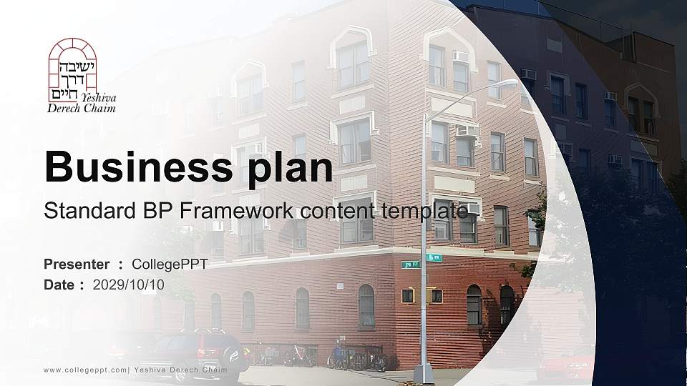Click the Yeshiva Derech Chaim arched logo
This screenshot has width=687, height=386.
click(72, 69)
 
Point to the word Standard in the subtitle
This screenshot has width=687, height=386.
click(84, 211)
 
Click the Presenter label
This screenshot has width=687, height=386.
click(77, 264)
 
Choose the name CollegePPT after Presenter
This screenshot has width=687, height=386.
click(170, 264)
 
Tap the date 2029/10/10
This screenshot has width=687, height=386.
click(129, 284)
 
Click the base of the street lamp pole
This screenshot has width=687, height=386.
click(424, 373)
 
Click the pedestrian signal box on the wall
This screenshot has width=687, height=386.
click(408, 295)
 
